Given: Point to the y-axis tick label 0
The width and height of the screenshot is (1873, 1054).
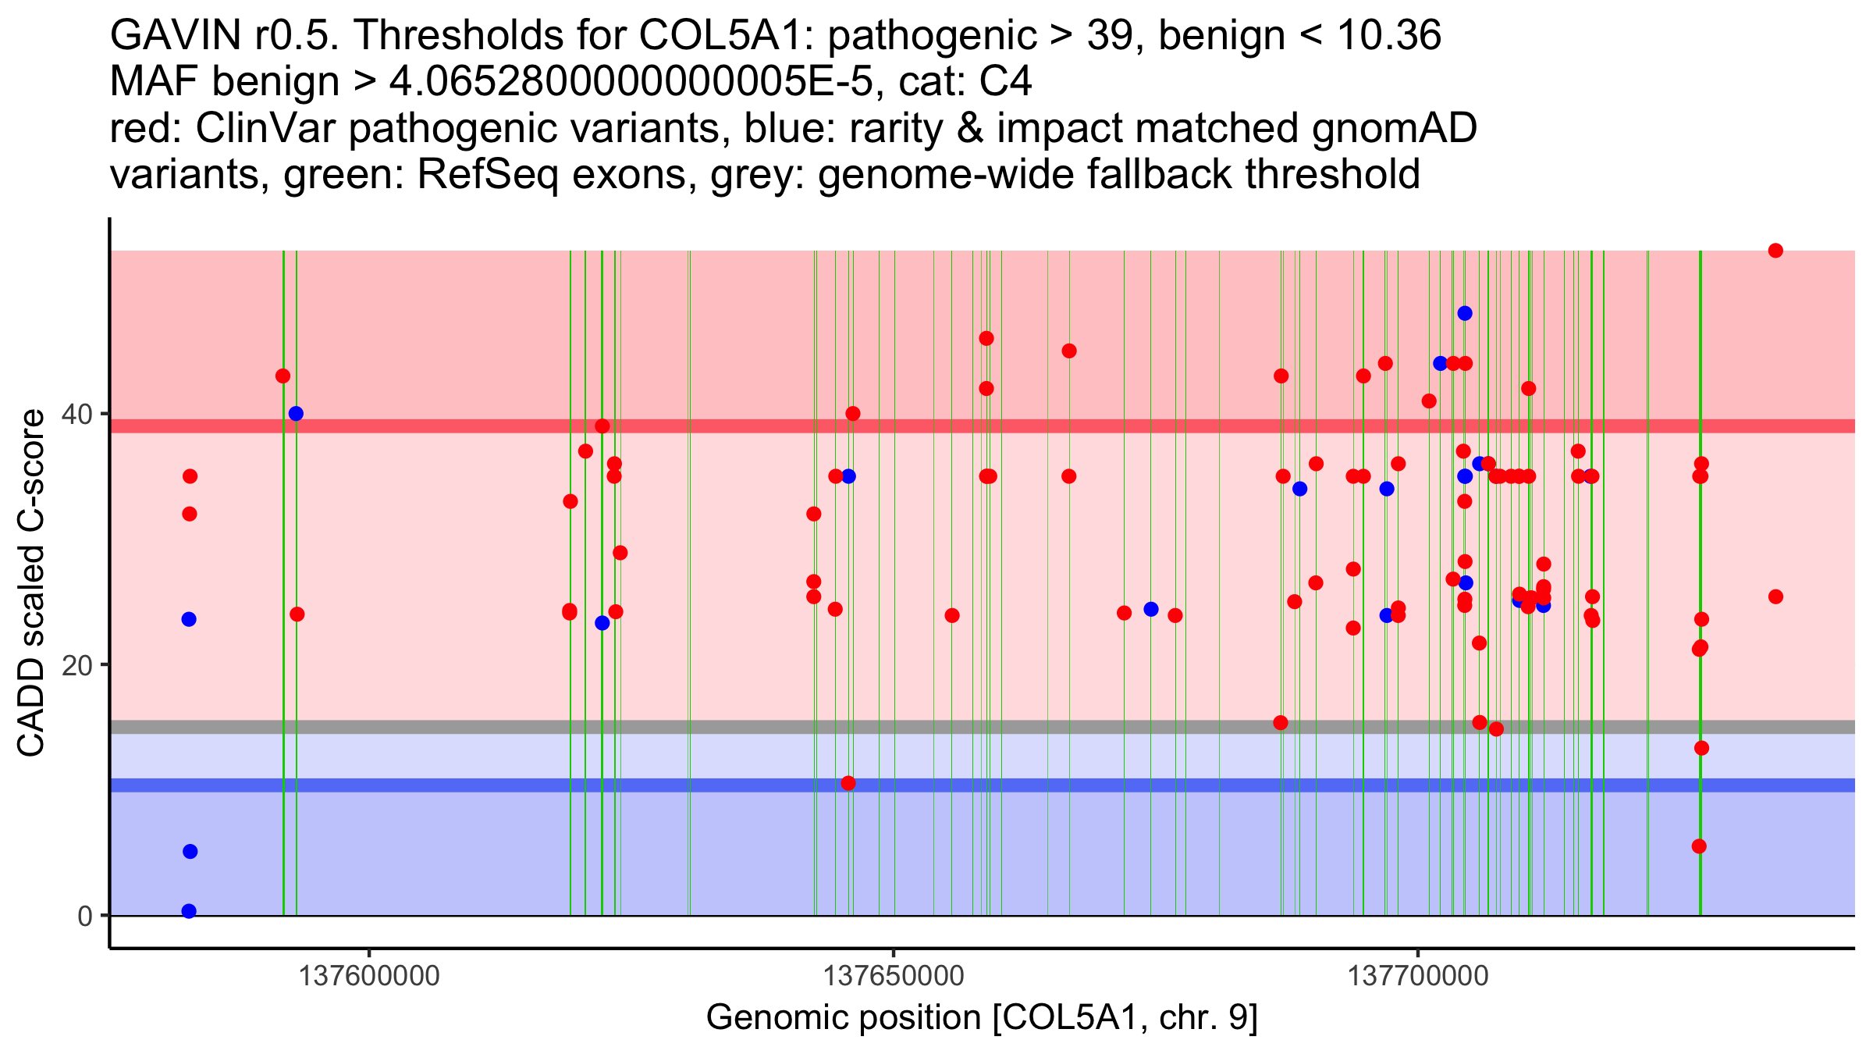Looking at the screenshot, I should (84, 916).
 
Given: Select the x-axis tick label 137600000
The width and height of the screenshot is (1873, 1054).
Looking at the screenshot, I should (369, 976).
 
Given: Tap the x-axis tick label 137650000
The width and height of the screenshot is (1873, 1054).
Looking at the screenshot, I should (894, 976).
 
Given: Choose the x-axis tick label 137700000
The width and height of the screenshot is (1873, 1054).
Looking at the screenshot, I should (1418, 976).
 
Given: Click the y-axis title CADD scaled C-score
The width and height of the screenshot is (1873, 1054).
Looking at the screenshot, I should (31, 583).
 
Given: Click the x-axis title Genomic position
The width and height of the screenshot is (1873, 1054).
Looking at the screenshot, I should (982, 1018).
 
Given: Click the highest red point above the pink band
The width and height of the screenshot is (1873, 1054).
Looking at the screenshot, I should (1775, 251).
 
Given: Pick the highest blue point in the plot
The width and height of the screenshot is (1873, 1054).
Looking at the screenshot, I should (1465, 313).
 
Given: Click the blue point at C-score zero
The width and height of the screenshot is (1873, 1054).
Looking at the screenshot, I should (189, 911).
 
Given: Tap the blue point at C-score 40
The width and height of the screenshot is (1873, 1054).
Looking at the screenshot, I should (296, 414).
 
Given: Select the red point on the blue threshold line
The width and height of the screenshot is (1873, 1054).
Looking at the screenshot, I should (848, 783).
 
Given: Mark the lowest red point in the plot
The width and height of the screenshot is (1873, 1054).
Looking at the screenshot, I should (1699, 846).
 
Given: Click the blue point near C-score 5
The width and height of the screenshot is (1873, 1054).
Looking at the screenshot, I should (190, 852).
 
